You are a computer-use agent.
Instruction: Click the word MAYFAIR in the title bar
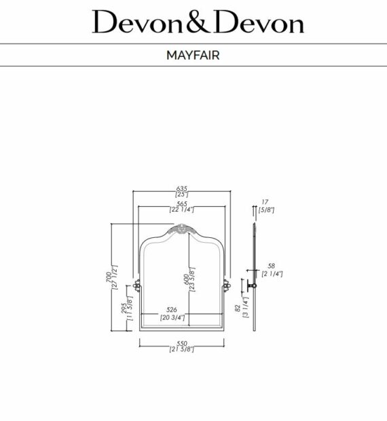[193, 56]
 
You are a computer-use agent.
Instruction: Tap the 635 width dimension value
[181, 188]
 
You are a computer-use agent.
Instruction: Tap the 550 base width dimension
[181, 343]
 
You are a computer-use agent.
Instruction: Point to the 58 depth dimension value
[271, 266]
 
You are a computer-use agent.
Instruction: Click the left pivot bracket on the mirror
[137, 285]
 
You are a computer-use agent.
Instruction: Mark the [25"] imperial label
[181, 195]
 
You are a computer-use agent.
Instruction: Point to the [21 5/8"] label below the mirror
[181, 350]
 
